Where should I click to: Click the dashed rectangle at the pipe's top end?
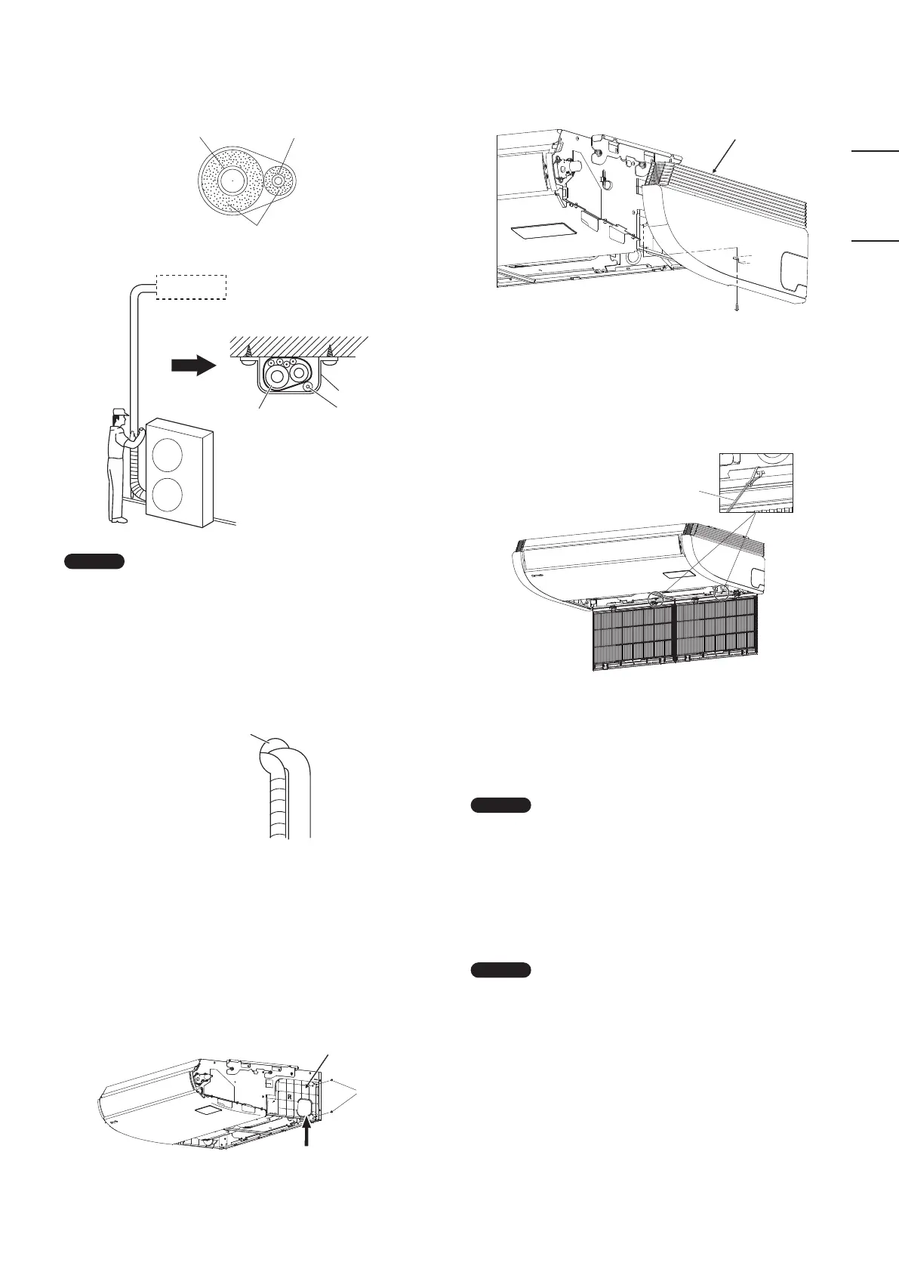tap(191, 287)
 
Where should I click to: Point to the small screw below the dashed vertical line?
tap(736, 307)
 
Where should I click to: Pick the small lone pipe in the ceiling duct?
tap(312, 385)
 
